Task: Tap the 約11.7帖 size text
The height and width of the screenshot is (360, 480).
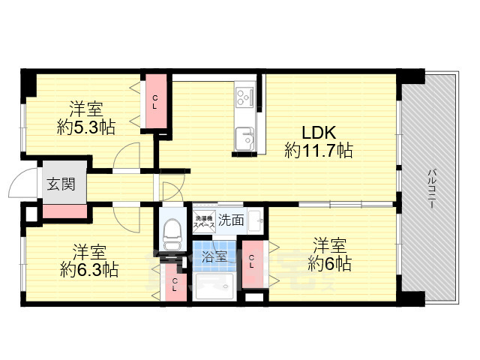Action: [x=319, y=150]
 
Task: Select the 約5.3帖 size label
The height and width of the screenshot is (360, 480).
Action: [x=86, y=127]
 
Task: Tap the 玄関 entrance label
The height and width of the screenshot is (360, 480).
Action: [x=62, y=185]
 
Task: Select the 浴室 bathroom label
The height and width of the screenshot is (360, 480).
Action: [x=215, y=256]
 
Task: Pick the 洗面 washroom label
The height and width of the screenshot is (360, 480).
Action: [x=231, y=220]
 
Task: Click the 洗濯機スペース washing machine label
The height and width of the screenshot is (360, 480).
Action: [x=205, y=220]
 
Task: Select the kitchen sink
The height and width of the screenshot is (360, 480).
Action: [x=245, y=138]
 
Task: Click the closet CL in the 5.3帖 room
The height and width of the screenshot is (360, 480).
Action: [x=156, y=103]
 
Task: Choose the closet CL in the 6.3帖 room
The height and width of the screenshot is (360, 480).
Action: [x=174, y=285]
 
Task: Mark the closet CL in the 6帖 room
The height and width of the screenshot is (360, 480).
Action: [x=252, y=262]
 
